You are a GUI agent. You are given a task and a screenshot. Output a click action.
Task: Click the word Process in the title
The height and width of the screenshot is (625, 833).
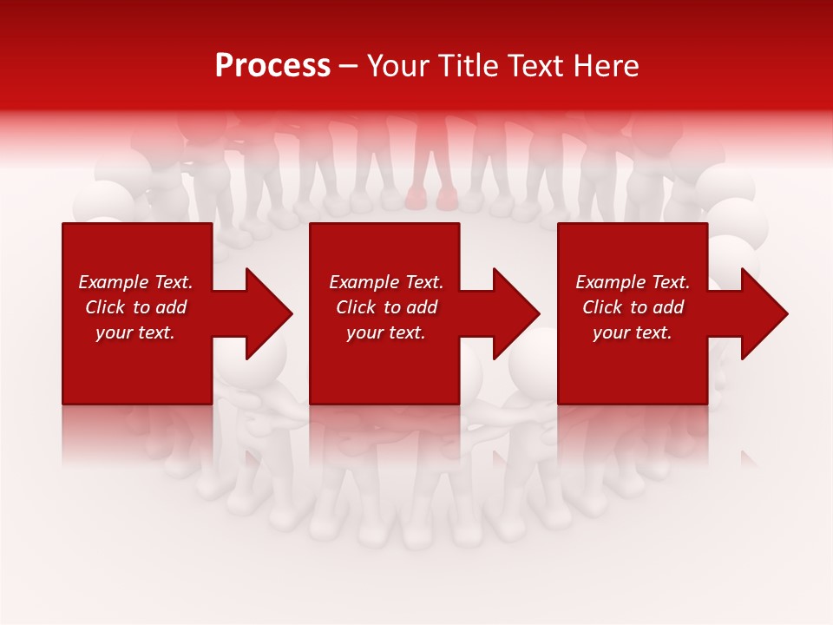click(272, 66)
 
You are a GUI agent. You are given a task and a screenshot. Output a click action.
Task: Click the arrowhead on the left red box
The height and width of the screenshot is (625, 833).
click(265, 313)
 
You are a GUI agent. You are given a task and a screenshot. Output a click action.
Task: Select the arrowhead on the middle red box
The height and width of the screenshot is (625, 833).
click(512, 313)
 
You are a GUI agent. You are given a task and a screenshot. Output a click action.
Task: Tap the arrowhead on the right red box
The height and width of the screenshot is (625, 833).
click(760, 313)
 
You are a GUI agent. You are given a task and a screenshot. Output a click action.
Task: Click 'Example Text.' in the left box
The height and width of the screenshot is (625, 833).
click(135, 282)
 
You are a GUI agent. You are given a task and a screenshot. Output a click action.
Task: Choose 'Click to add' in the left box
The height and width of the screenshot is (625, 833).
click(135, 307)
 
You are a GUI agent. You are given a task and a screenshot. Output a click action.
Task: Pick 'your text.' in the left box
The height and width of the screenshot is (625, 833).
click(135, 332)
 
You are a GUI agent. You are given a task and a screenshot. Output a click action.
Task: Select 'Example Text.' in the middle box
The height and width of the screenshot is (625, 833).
click(386, 282)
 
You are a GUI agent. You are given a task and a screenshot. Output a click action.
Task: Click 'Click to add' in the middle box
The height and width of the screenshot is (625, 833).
click(386, 307)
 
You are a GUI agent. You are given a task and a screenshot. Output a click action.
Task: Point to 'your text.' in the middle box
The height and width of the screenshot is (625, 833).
click(386, 332)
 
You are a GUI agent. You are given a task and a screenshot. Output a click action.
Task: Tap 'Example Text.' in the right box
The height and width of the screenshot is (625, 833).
click(633, 282)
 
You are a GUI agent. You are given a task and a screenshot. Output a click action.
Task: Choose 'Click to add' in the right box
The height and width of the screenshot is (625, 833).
click(633, 307)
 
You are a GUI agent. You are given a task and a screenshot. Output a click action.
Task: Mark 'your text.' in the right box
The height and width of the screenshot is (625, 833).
click(633, 332)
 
